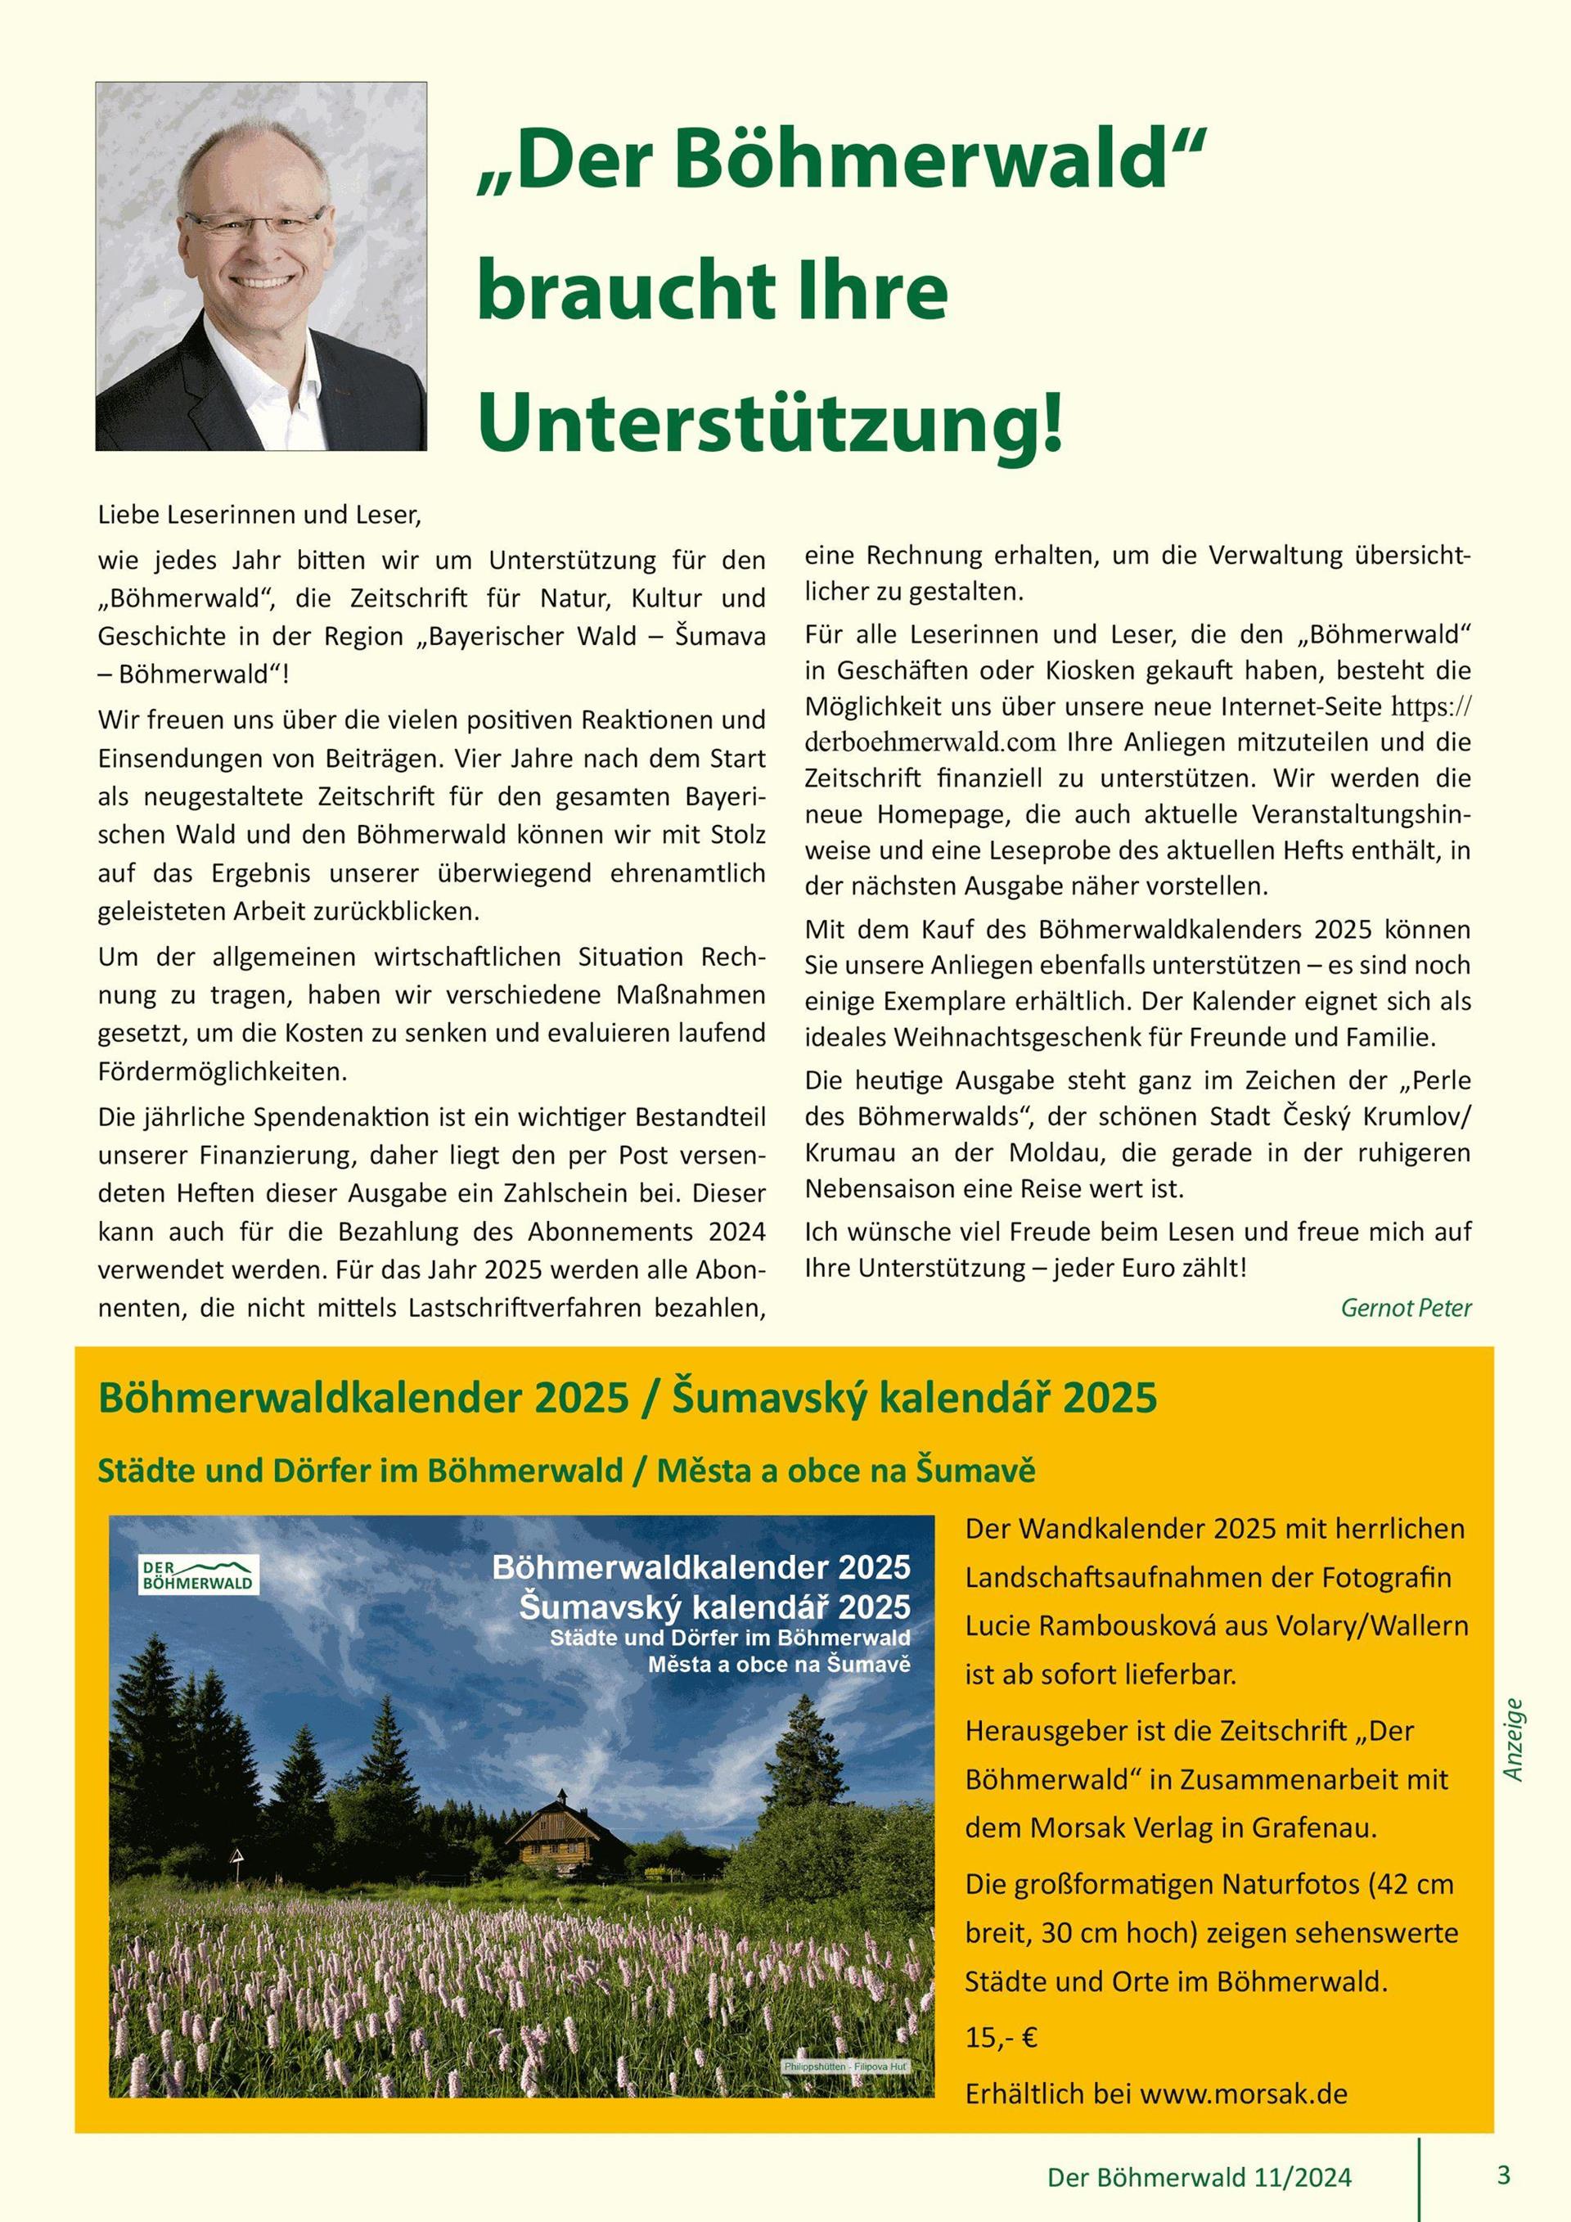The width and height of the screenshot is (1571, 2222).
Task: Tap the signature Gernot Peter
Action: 1406,1308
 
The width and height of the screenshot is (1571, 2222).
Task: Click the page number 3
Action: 1502,2176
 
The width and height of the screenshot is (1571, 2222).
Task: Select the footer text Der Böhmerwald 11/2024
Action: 1200,2179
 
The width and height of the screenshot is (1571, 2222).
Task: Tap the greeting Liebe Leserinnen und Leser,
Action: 260,515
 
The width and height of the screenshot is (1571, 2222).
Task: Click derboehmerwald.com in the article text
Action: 929,743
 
